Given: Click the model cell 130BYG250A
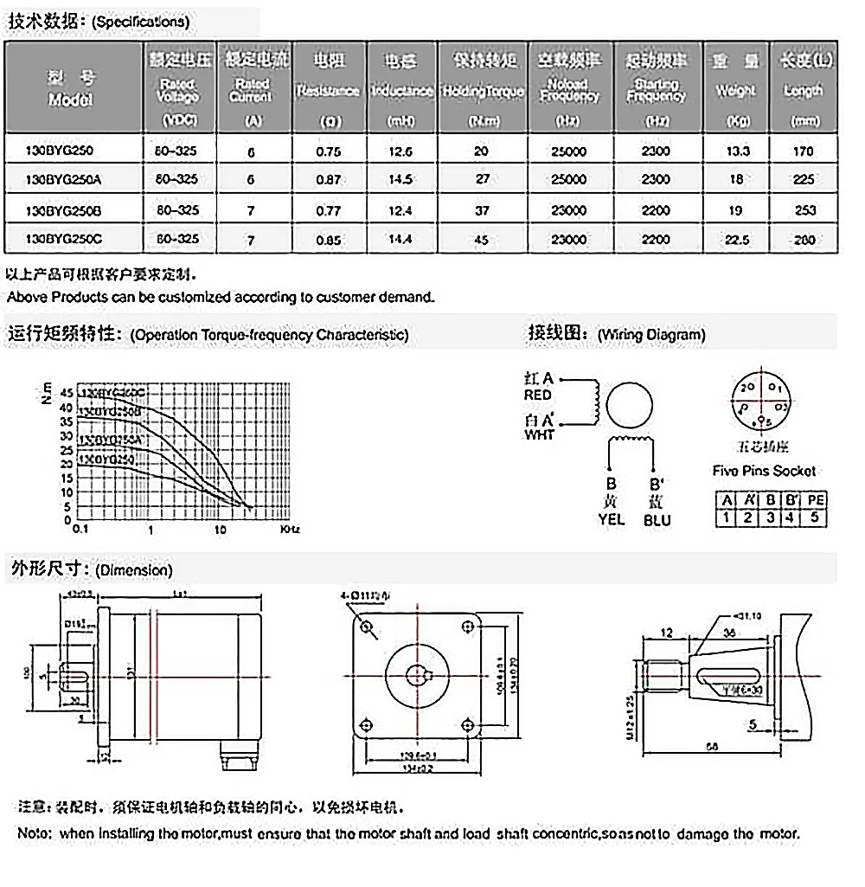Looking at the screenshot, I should click(66, 179).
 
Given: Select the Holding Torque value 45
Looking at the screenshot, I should click(483, 240).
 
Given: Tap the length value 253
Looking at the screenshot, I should click(804, 209).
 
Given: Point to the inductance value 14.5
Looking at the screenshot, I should click(402, 179).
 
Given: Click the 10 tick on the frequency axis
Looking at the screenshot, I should click(221, 529).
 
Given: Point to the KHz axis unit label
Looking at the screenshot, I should click(289, 529).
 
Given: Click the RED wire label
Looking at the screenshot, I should click(538, 395).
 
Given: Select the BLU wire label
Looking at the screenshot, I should click(657, 520).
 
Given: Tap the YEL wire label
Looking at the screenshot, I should click(611, 520).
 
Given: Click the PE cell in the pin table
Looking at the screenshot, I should click(814, 500).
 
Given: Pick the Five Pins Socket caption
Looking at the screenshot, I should click(764, 471).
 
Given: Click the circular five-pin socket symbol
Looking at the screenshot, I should click(761, 403).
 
